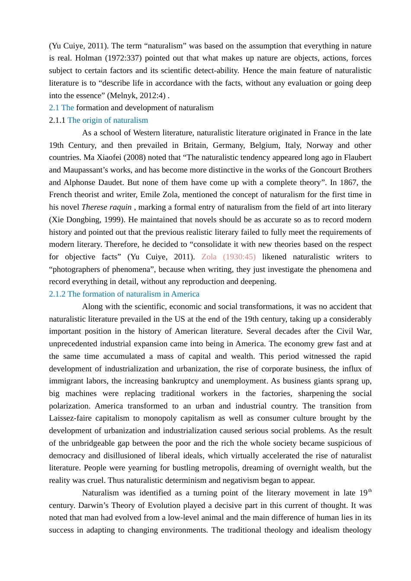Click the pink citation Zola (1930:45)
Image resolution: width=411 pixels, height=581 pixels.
click(228, 257)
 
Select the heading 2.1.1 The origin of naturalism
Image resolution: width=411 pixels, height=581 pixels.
click(99, 120)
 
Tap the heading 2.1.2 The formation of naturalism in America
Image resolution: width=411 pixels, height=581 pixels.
click(124, 294)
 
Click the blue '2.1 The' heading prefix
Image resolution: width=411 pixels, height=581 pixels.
click(61, 108)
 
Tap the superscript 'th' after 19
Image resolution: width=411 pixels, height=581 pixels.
click(370, 491)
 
